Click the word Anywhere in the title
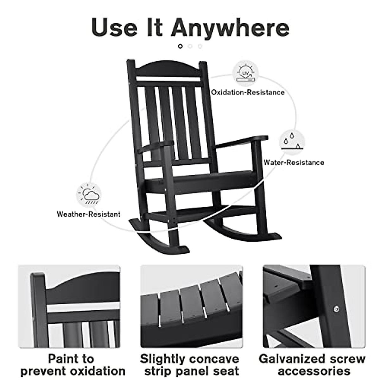(230, 28)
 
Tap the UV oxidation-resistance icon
(246, 74)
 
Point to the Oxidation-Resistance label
(248, 92)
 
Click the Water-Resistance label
(294, 162)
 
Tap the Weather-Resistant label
(88, 214)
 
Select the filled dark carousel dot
(180, 46)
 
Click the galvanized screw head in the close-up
(336, 308)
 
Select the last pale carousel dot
(200, 46)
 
